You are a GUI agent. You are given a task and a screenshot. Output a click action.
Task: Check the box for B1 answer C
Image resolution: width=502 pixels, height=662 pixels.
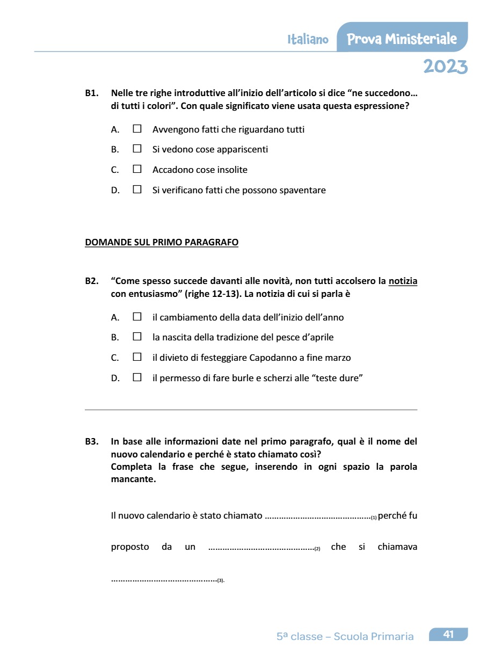[x=137, y=170]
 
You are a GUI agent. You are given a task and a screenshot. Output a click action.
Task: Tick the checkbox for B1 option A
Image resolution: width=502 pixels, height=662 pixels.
[x=137, y=129]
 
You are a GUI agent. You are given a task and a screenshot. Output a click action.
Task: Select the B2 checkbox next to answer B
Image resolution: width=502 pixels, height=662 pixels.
[x=137, y=337]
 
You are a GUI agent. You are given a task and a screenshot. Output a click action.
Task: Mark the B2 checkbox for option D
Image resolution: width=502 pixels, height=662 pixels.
[x=137, y=378]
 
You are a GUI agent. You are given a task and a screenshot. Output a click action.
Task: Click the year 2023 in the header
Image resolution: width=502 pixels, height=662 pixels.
[x=445, y=67]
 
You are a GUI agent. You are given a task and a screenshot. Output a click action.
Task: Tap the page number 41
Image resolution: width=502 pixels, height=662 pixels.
[x=448, y=635]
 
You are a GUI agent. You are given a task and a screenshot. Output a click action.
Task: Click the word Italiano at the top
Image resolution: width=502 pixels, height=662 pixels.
[x=308, y=40]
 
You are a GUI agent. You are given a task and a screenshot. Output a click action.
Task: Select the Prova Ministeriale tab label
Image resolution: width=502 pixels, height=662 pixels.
[x=402, y=39]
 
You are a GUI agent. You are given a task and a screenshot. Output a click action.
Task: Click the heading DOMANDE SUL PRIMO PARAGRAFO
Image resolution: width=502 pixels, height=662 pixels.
[x=162, y=242]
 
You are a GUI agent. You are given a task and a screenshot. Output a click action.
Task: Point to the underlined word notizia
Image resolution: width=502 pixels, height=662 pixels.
[x=403, y=281]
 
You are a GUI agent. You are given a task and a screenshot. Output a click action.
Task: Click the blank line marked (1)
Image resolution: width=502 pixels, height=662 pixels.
[x=318, y=516]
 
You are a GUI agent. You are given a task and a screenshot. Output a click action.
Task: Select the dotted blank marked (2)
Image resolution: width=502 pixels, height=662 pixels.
[x=261, y=548]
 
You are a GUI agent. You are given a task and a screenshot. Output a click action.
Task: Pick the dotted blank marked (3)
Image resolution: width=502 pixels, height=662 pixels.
[x=164, y=579]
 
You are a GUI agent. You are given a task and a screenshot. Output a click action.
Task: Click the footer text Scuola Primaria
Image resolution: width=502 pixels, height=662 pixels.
[x=374, y=637]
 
